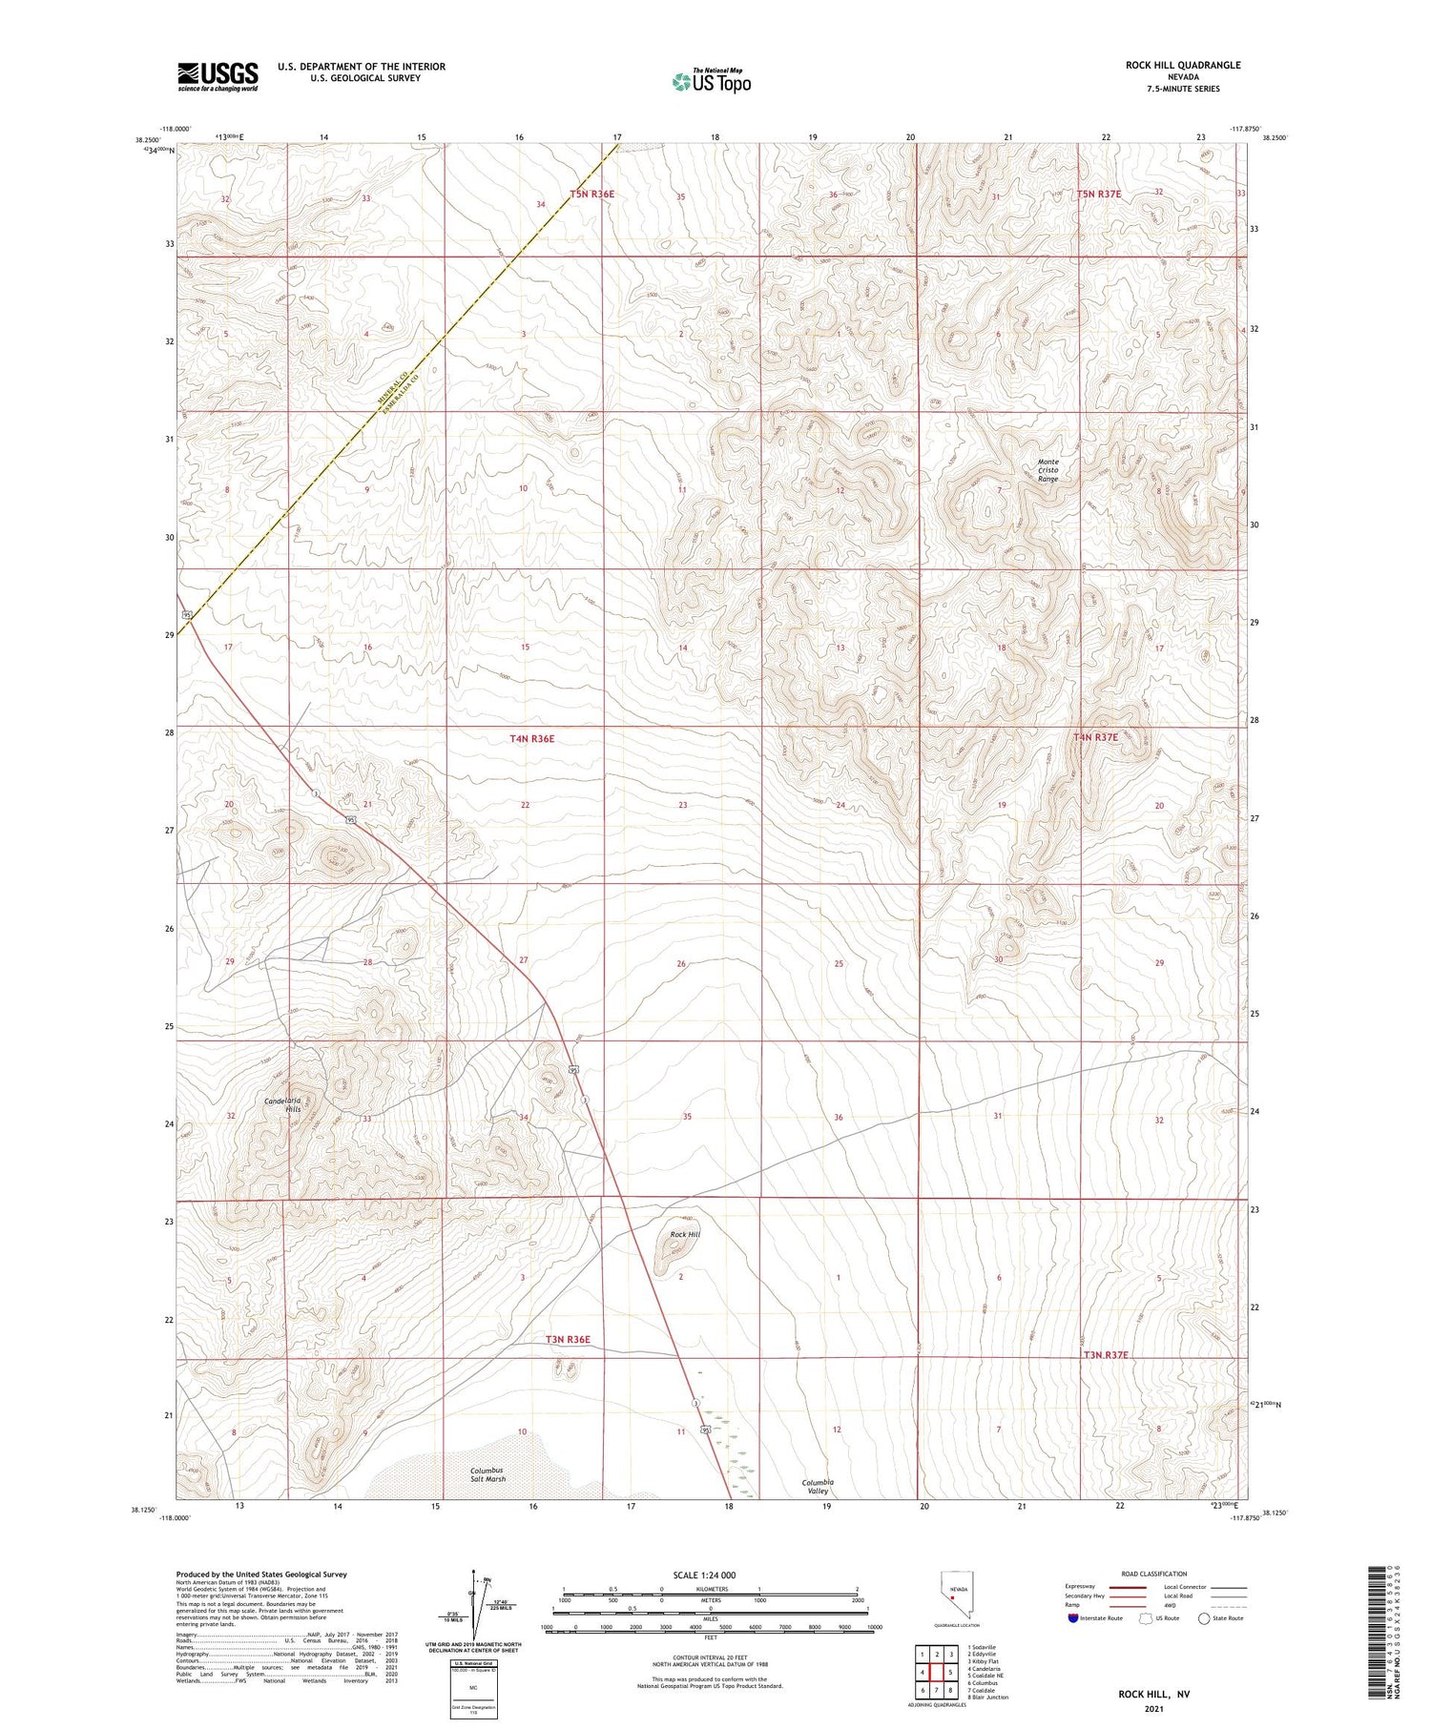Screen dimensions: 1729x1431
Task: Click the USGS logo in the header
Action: pos(218,76)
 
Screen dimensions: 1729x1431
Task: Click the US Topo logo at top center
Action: pos(711,82)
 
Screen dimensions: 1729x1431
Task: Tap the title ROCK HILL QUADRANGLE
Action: pos(1182,65)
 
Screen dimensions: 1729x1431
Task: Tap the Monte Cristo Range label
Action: pos(1047,470)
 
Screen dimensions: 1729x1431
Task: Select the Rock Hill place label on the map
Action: pos(684,1234)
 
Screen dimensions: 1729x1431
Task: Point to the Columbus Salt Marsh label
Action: pos(487,1474)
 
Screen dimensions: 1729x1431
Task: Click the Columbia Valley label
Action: pos(817,1486)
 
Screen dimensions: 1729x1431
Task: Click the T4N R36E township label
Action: pos(531,738)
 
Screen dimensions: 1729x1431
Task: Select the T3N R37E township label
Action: pos(1105,1354)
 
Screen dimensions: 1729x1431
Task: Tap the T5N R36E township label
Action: pos(592,194)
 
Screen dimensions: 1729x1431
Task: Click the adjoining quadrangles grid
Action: pos(936,1672)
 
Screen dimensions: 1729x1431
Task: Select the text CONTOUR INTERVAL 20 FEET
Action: pos(710,1657)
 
